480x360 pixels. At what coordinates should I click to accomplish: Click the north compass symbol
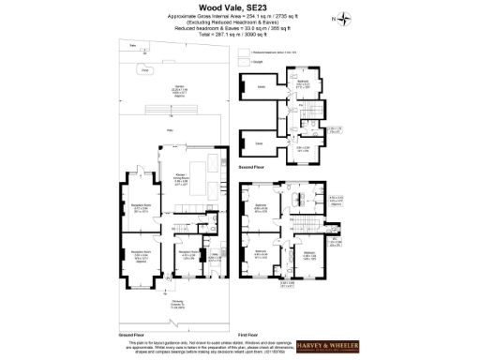pyautogui.click(x=346, y=17)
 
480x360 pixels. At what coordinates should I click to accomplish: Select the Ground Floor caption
pyautogui.click(x=131, y=335)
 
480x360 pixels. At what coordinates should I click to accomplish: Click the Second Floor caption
pyautogui.click(x=251, y=167)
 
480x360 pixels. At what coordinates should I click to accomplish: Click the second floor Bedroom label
pyautogui.click(x=302, y=84)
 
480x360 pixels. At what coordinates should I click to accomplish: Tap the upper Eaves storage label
pyautogui.click(x=262, y=87)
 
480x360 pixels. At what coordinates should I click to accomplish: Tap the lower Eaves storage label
pyautogui.click(x=259, y=142)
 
